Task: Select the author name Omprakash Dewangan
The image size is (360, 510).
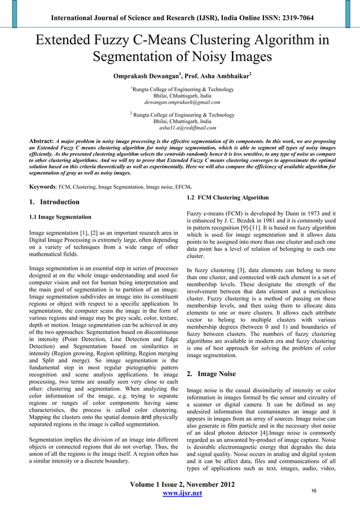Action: tap(143, 75)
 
